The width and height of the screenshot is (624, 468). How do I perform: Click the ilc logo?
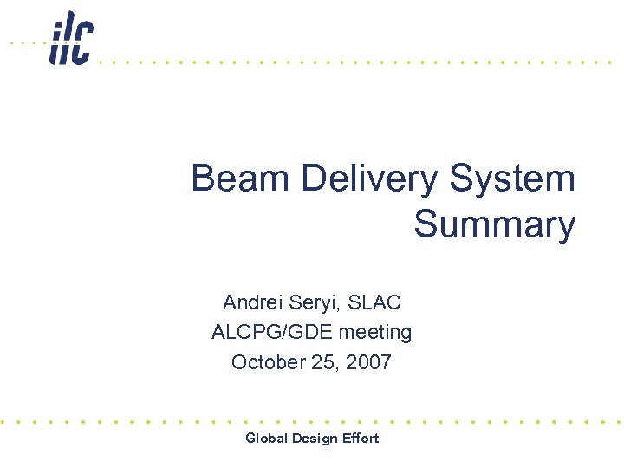tap(71, 39)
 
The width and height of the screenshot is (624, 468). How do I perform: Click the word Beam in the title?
tap(240, 179)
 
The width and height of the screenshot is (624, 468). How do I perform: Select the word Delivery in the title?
tap(371, 179)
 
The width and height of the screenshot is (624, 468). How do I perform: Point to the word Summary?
tap(494, 224)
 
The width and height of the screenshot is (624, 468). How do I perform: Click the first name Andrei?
tap(253, 302)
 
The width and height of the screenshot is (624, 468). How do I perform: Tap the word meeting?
tap(375, 332)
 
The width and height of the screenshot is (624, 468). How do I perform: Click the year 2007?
tap(368, 361)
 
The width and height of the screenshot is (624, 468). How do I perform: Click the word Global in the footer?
tap(267, 438)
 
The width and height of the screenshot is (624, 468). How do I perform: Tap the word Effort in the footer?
tap(361, 438)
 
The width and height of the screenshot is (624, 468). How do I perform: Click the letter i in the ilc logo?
tap(56, 42)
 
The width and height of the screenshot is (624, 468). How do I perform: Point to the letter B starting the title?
tap(203, 179)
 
